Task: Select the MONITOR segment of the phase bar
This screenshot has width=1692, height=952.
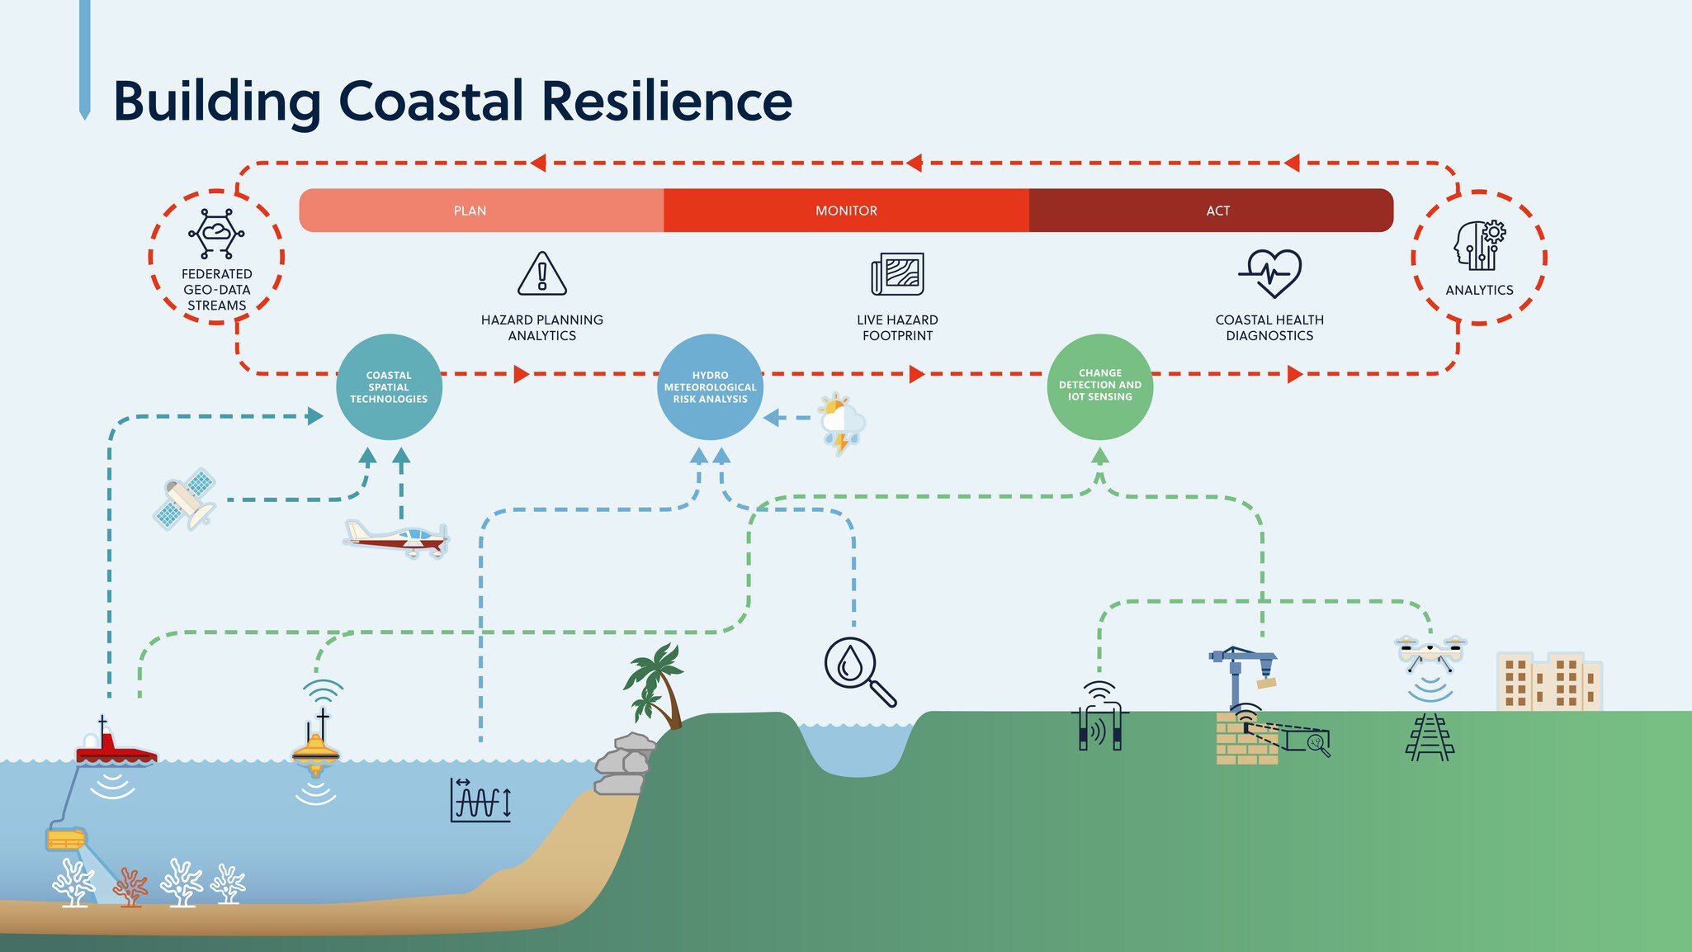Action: (x=846, y=211)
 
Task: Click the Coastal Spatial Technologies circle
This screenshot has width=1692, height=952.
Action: (x=389, y=386)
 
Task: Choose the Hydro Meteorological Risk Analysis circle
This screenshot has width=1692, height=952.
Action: (x=710, y=386)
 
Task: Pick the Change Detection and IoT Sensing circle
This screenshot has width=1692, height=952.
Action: (x=1099, y=386)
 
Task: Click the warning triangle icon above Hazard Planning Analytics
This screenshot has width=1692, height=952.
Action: (x=542, y=274)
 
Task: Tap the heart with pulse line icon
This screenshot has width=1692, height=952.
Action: (x=1270, y=273)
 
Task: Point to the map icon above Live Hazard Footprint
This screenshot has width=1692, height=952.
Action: (x=897, y=274)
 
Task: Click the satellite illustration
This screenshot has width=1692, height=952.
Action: (x=186, y=499)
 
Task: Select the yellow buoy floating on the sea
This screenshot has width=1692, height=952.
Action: (x=316, y=747)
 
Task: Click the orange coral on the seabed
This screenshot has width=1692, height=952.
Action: (x=130, y=887)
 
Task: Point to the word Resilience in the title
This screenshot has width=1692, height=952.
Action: (x=666, y=101)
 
